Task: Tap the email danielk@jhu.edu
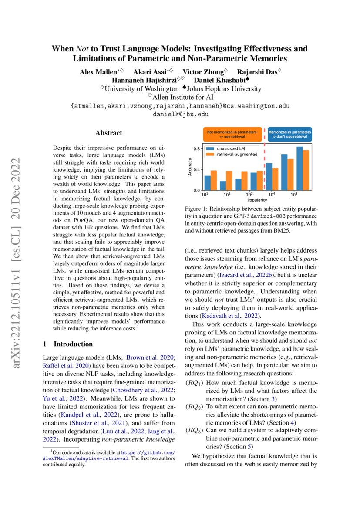(x=180, y=114)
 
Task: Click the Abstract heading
(x=109, y=133)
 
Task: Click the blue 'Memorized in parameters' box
(x=289, y=134)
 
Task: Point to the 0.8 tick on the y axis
(x=196, y=149)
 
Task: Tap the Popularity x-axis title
(x=257, y=200)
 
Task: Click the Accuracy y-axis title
(x=190, y=169)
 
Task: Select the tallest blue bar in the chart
(x=299, y=168)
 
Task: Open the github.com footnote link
(x=148, y=453)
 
